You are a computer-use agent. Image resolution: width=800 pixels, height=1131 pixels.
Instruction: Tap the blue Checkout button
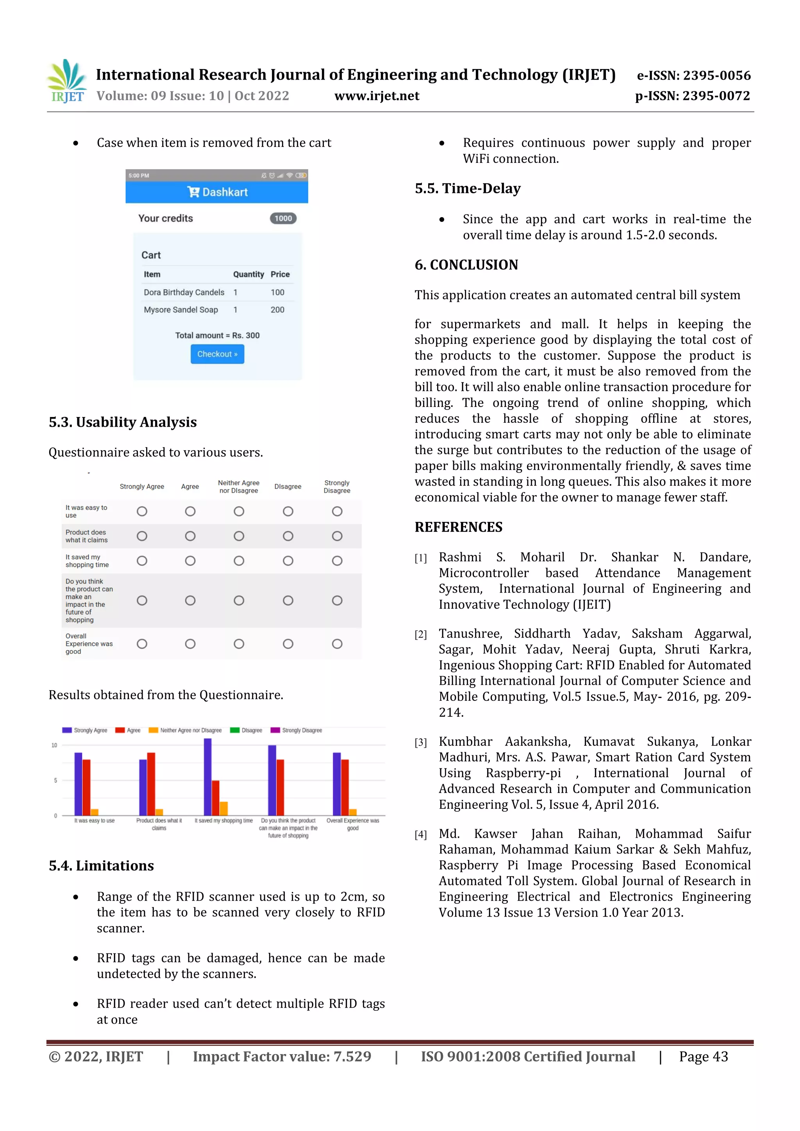pyautogui.click(x=217, y=354)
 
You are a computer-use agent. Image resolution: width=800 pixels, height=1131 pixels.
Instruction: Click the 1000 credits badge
pyautogui.click(x=283, y=218)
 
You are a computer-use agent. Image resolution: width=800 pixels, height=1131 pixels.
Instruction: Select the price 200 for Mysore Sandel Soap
pyautogui.click(x=277, y=310)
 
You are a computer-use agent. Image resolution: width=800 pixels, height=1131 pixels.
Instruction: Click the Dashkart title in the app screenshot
pyautogui.click(x=217, y=192)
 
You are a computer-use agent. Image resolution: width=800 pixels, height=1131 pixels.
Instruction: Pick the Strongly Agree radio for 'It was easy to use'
pyautogui.click(x=142, y=511)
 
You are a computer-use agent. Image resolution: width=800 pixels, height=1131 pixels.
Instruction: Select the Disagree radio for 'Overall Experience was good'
pyautogui.click(x=288, y=644)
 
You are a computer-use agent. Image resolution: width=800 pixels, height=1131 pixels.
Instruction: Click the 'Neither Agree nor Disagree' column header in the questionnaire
pyautogui.click(x=239, y=487)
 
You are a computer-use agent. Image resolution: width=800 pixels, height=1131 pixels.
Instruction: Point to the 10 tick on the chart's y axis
pyautogui.click(x=54, y=745)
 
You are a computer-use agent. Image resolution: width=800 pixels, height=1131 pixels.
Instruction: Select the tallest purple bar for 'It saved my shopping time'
pyautogui.click(x=207, y=777)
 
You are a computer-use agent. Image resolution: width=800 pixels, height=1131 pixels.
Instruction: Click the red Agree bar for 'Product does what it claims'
pyautogui.click(x=151, y=783)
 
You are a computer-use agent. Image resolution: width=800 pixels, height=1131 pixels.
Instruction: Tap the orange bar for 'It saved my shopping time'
pyautogui.click(x=224, y=809)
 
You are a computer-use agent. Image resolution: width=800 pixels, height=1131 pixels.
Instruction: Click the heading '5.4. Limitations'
pyautogui.click(x=101, y=866)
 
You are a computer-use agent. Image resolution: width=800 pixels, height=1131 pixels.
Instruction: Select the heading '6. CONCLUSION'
pyautogui.click(x=466, y=265)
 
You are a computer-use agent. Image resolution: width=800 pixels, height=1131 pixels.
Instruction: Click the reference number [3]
pyautogui.click(x=420, y=742)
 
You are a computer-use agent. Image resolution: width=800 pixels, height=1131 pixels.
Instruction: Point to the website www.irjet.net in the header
pyautogui.click(x=377, y=96)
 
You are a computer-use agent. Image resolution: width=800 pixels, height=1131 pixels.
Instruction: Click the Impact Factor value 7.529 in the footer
pyautogui.click(x=352, y=1056)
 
